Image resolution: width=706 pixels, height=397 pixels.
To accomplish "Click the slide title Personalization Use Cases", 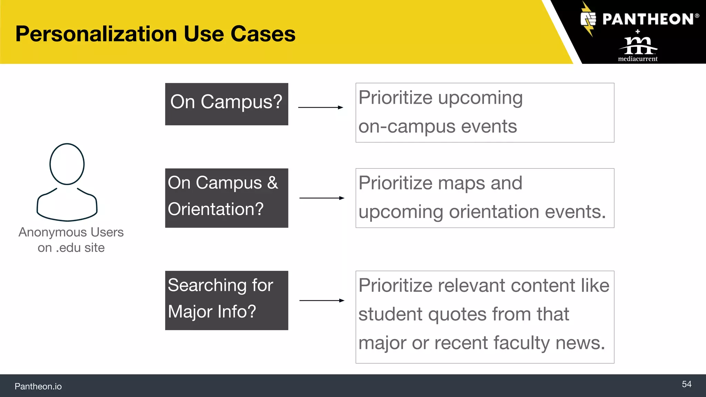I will (155, 34).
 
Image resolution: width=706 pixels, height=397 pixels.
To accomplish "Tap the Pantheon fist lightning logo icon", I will (588, 19).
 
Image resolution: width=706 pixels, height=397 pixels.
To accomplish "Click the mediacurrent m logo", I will (638, 45).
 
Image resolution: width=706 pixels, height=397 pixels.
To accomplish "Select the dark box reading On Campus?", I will (226, 104).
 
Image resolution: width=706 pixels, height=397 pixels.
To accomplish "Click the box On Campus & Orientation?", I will (226, 198).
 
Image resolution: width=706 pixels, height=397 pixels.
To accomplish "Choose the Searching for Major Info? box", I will (226, 300).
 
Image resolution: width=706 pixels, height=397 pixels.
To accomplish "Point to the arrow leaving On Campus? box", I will (321, 108).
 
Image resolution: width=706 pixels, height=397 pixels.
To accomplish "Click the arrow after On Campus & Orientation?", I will (322, 198).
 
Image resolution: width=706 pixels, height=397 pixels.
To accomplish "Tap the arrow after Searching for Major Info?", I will (322, 301).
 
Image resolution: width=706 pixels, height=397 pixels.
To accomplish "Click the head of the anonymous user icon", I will (67, 164).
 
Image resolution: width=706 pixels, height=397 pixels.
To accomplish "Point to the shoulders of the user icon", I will (67, 207).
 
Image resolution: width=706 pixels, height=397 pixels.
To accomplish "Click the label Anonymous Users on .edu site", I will (71, 240).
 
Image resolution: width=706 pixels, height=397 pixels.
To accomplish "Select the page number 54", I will (686, 384).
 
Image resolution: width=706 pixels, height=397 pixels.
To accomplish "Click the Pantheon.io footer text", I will (38, 386).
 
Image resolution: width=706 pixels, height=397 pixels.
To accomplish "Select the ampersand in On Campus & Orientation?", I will (272, 183).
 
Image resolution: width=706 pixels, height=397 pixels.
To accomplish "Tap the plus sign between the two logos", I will (638, 31).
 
